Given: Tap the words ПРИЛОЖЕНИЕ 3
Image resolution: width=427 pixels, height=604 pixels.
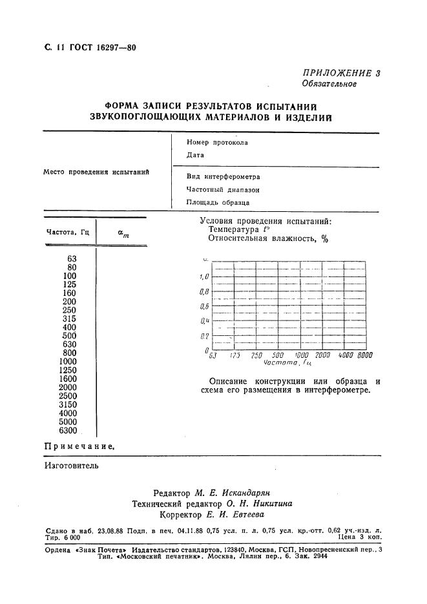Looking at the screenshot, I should [x=342, y=73].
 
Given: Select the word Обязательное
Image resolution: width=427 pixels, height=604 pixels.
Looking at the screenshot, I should [x=329, y=84].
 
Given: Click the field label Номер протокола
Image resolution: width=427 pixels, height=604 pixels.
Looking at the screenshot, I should [x=217, y=142].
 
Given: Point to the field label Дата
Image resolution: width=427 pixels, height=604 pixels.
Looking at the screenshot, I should [x=195, y=155].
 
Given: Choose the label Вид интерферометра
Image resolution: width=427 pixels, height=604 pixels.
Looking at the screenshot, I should [x=223, y=176].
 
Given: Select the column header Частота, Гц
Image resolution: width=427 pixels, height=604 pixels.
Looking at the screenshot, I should [x=67, y=232].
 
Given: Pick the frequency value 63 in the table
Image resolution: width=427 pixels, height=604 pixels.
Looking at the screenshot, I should [x=72, y=258].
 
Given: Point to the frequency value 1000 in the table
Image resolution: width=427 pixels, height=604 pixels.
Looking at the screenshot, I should [x=68, y=362].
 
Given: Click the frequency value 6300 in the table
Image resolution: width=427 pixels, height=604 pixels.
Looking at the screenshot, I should [x=68, y=431].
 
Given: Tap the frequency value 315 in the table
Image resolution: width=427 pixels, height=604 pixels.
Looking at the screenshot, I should [x=70, y=318].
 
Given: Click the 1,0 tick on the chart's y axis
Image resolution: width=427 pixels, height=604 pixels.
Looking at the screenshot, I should [x=204, y=276].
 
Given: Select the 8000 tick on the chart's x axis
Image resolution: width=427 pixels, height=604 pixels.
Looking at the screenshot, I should [x=365, y=355].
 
